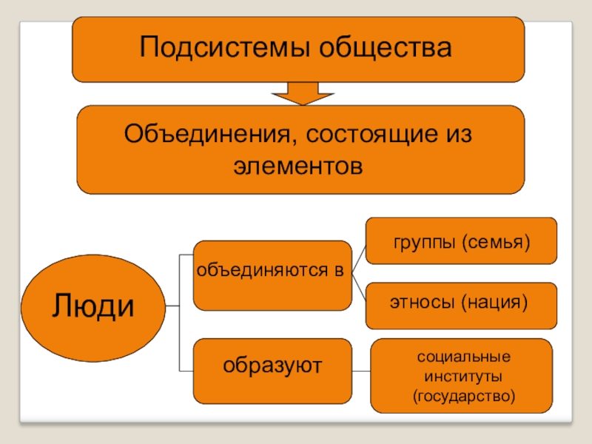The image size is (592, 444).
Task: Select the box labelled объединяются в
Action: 272,275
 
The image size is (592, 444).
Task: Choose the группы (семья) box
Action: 462,240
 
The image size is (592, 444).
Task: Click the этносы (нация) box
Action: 462,304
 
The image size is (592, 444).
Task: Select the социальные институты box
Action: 462,376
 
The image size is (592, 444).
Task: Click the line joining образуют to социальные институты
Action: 360,371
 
